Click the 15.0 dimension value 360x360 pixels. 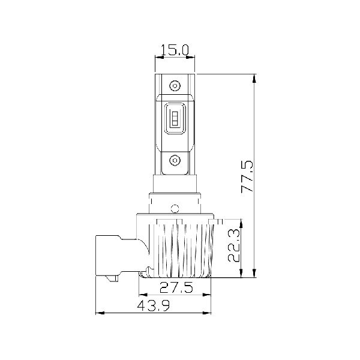pyautogui.click(x=175, y=50)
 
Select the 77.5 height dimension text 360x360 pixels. pyautogui.click(x=247, y=176)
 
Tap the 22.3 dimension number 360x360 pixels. pyautogui.click(x=234, y=245)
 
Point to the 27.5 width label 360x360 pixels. pyautogui.click(x=176, y=287)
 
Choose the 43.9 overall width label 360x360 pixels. pyautogui.click(x=154, y=306)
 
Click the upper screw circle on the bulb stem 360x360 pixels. pyautogui.click(x=175, y=86)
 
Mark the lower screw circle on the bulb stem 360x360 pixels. pyautogui.click(x=175, y=160)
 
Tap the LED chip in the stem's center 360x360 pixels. pyautogui.click(x=175, y=118)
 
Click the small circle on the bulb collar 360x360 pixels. pyautogui.click(x=175, y=208)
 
